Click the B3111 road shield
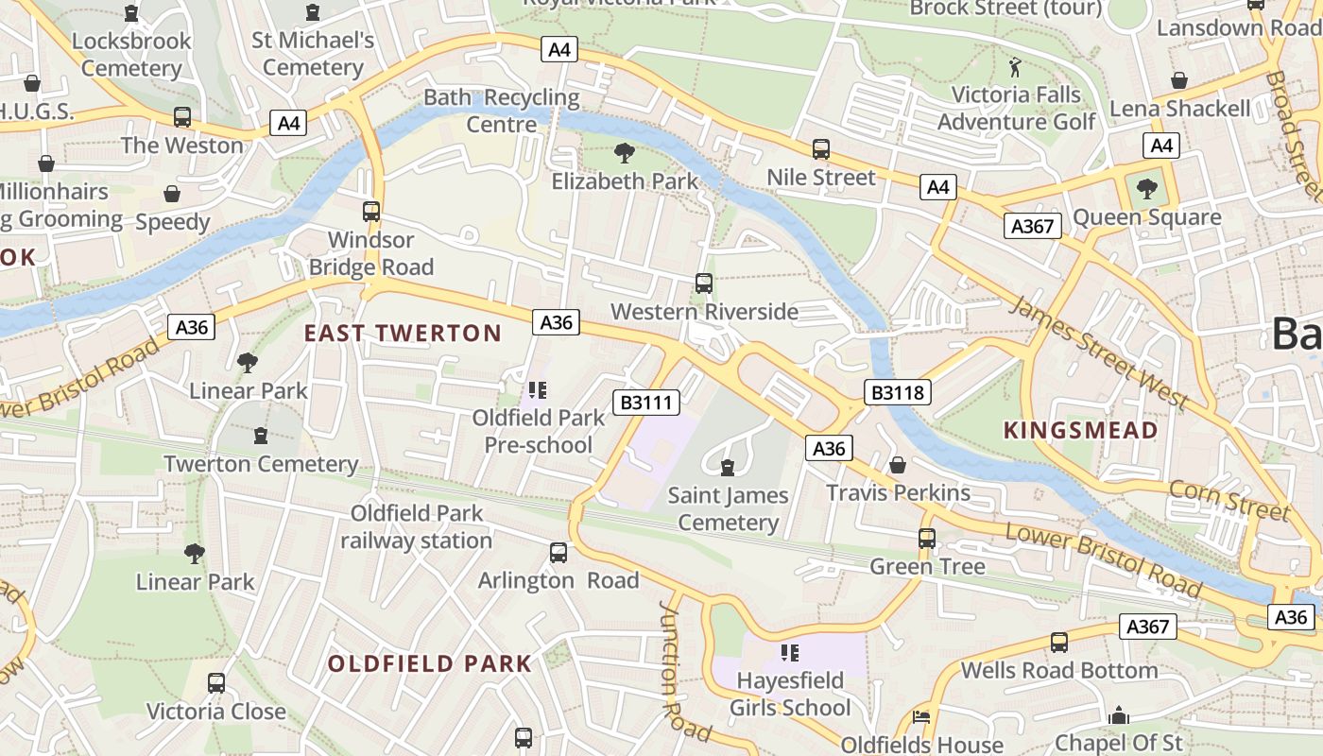[x=646, y=403]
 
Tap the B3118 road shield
[x=897, y=392]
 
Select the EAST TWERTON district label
[x=403, y=333]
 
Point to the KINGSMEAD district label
[x=1080, y=431]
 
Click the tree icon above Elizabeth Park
[x=624, y=152]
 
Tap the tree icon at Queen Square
[x=1147, y=189]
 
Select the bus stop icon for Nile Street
[x=821, y=148]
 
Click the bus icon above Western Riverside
[x=704, y=283]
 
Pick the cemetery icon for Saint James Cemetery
[x=727, y=467]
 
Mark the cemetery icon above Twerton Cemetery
[x=261, y=436]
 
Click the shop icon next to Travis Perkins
[x=898, y=465]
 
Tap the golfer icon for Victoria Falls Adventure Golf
[x=1016, y=66]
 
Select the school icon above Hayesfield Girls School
[x=791, y=652]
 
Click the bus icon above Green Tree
[x=927, y=538]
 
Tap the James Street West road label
[x=1098, y=352]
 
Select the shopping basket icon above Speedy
[x=172, y=194]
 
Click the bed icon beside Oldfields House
[x=921, y=716]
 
